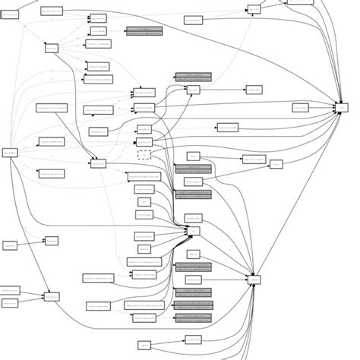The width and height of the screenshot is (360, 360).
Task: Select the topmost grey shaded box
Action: click(x=144, y=31)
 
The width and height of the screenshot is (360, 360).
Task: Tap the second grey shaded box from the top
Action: click(x=193, y=77)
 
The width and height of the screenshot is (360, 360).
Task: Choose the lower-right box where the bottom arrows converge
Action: click(x=254, y=279)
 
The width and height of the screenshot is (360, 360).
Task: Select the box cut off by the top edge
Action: click(x=300, y=2)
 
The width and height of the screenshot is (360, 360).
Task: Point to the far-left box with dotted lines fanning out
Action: click(x=11, y=153)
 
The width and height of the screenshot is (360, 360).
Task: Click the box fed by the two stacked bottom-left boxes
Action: click(x=52, y=296)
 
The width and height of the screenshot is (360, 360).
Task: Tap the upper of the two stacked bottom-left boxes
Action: click(x=10, y=290)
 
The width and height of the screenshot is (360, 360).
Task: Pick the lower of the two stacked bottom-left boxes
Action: click(x=10, y=302)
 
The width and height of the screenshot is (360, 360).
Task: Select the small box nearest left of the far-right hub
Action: click(x=301, y=108)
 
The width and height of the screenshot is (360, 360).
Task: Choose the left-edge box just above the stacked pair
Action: click(x=10, y=245)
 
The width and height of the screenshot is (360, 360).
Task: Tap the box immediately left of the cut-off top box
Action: click(x=254, y=10)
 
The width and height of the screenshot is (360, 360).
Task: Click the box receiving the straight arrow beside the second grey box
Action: click(x=253, y=90)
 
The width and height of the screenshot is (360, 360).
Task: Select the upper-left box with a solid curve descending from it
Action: click(x=52, y=48)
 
